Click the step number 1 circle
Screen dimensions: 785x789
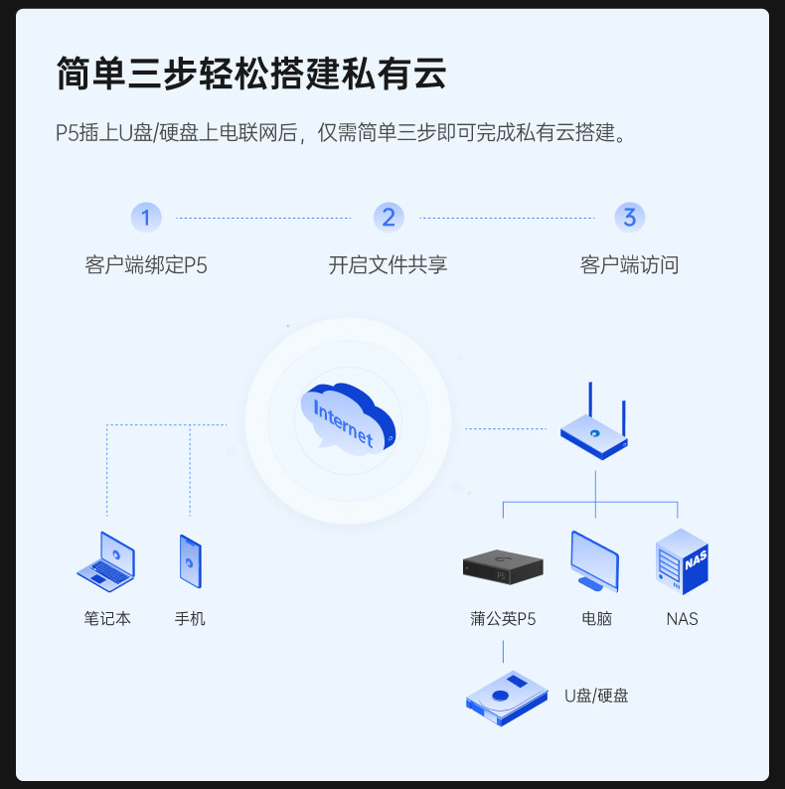[x=146, y=217]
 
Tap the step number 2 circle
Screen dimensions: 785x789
[x=389, y=217]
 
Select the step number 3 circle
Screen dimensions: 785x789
[x=629, y=217]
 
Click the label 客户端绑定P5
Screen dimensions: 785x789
[x=146, y=265]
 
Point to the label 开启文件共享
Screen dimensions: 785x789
[x=389, y=265]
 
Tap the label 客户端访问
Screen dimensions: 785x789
[x=629, y=265]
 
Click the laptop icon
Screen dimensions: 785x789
[x=107, y=559]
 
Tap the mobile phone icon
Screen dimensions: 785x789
[x=190, y=559]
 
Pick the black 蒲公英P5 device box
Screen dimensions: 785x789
[x=503, y=565]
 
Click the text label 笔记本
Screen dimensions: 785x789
[x=107, y=618]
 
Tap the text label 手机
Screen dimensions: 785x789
[x=190, y=618]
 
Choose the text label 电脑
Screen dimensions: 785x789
[x=597, y=618]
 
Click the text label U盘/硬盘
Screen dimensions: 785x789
[x=596, y=696]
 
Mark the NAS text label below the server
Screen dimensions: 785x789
[x=682, y=618]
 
